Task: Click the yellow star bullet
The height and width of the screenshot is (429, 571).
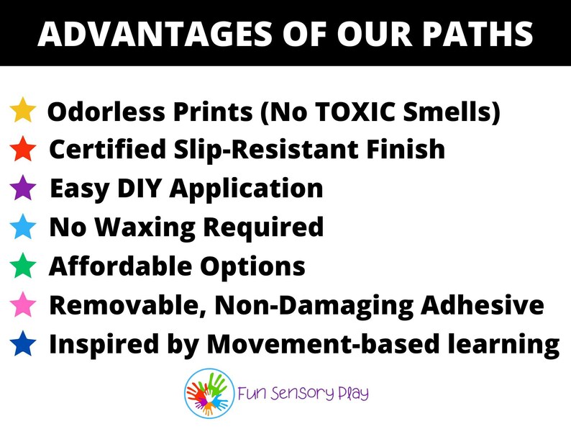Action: click(23, 112)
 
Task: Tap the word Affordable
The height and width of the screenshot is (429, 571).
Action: click(115, 266)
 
